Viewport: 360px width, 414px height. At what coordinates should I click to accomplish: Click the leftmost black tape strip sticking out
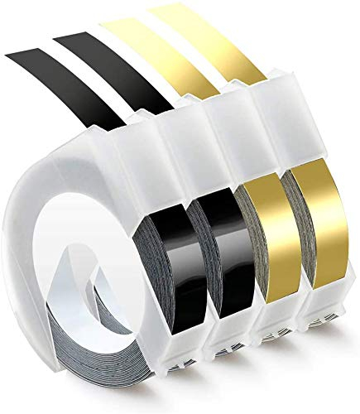[x=66, y=62]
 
